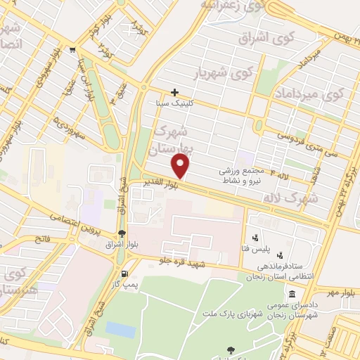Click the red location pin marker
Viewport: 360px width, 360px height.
tap(181, 165)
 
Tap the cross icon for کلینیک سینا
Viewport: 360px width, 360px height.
tap(175, 92)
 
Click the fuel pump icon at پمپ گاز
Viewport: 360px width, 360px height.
tap(124, 274)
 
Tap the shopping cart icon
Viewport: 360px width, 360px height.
tap(73, 49)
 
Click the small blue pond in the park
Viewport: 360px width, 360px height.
tap(120, 329)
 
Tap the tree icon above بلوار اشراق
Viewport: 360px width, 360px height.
tap(122, 233)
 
